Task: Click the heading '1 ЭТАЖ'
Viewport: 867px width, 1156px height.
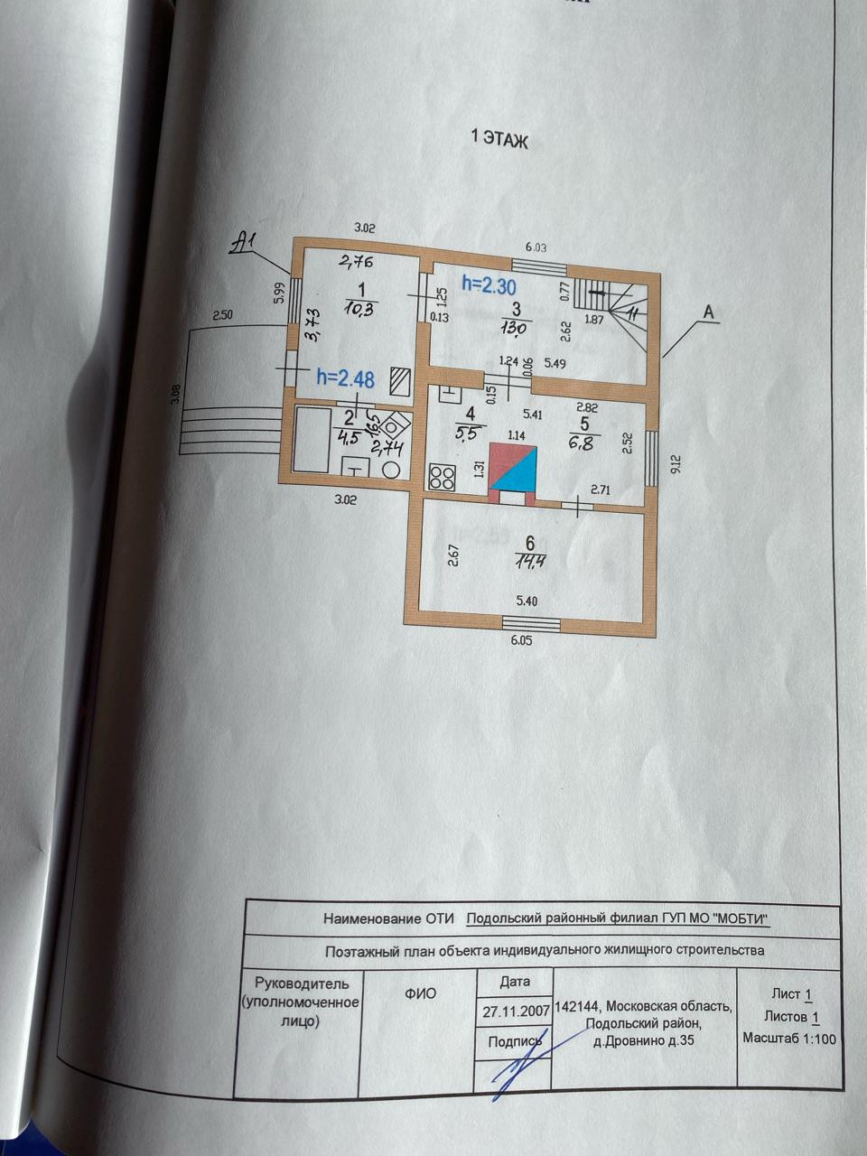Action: [499, 140]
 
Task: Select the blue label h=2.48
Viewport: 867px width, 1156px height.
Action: [346, 378]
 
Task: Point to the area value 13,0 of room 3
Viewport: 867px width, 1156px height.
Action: [518, 328]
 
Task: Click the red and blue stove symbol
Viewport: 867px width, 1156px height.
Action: [513, 471]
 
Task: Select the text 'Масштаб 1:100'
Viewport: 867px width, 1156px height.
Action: [788, 1039]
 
